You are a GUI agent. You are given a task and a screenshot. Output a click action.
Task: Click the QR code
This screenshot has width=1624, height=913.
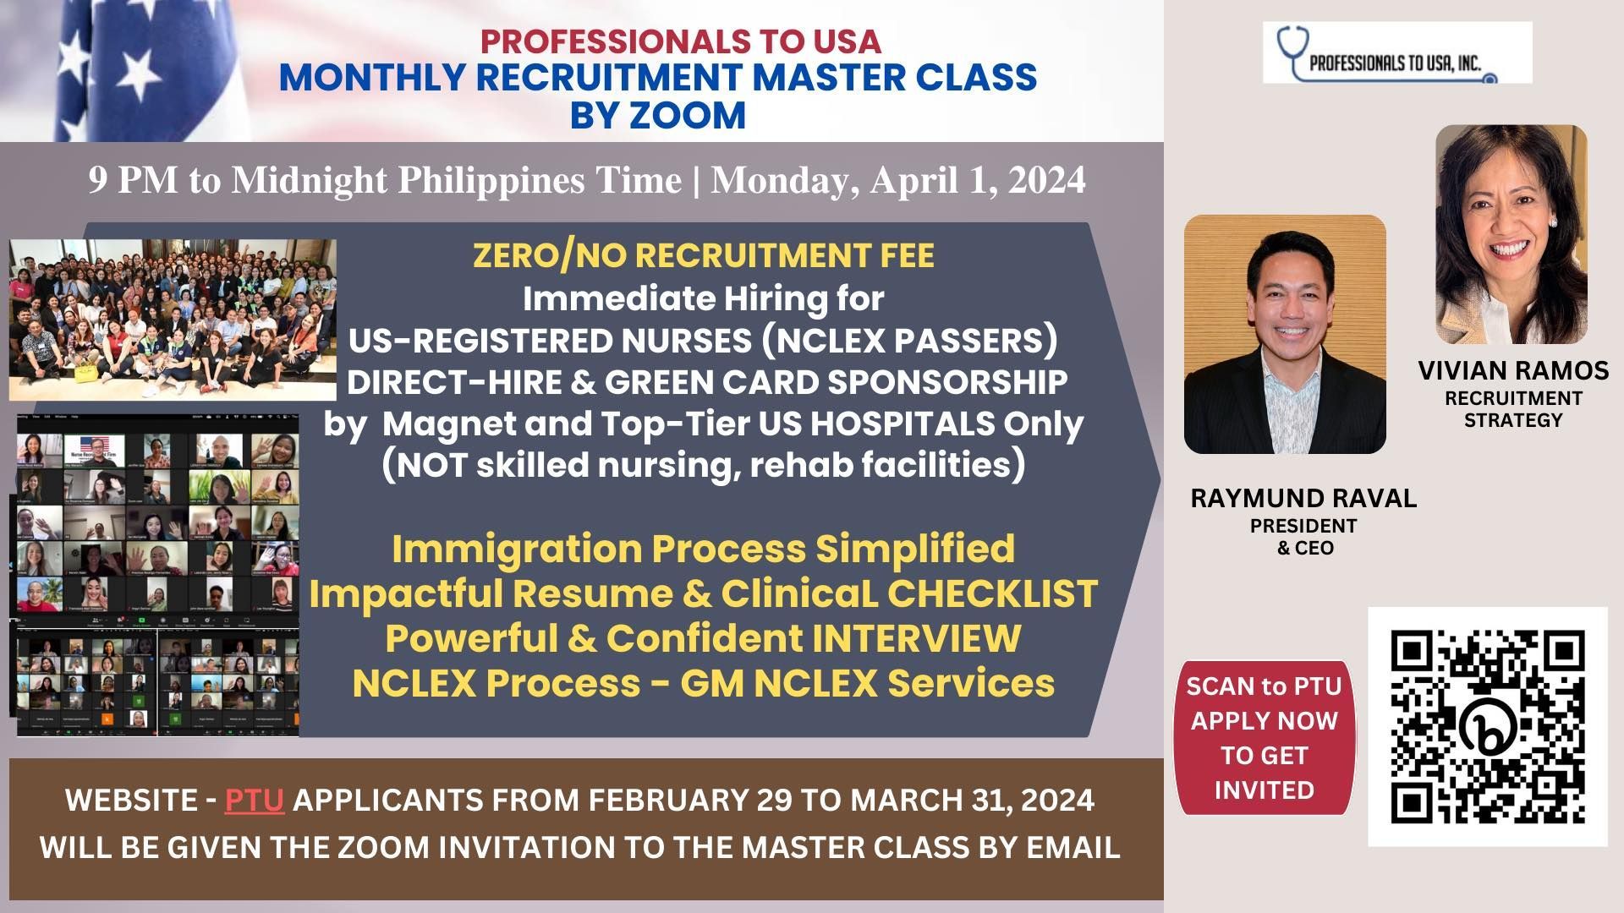1488,726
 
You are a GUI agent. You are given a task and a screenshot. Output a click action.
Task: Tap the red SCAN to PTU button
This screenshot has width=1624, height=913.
1265,738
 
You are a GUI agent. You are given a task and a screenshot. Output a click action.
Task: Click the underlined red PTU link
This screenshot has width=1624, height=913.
254,800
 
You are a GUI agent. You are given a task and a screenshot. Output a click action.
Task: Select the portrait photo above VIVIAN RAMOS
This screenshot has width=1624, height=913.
1512,234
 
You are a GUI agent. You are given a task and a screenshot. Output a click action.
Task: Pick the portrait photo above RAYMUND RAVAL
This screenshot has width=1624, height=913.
1285,334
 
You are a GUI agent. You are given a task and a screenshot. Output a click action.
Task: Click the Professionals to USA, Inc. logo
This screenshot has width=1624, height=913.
1397,52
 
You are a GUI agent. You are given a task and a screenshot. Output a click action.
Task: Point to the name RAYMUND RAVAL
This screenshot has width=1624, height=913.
1303,498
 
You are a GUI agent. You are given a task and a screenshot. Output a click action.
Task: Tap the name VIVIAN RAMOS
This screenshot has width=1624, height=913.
1513,370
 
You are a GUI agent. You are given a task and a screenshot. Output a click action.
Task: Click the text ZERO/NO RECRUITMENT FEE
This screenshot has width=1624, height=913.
704,255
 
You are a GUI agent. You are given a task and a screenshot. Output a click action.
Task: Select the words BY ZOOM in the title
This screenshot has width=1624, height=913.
658,115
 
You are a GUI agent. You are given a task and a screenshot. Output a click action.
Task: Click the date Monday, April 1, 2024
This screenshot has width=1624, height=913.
898,180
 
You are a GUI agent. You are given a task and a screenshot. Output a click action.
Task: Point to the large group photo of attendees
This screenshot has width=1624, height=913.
173,320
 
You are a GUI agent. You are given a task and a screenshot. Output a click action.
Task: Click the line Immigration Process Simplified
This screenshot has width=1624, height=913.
703,549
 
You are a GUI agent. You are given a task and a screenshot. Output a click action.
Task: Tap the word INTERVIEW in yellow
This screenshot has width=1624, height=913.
916,638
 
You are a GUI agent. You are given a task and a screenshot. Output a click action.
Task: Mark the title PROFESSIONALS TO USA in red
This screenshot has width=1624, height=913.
681,41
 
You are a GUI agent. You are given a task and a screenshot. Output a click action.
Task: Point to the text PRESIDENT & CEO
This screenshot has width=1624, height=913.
1303,537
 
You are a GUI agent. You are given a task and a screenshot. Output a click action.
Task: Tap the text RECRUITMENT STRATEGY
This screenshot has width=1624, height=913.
1513,409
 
